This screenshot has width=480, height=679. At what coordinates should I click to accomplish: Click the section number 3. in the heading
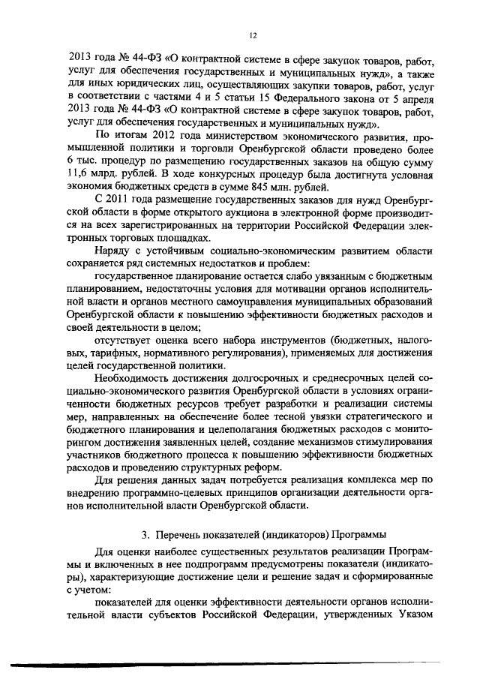[x=146, y=534]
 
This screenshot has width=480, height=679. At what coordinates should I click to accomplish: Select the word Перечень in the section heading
[x=181, y=534]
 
